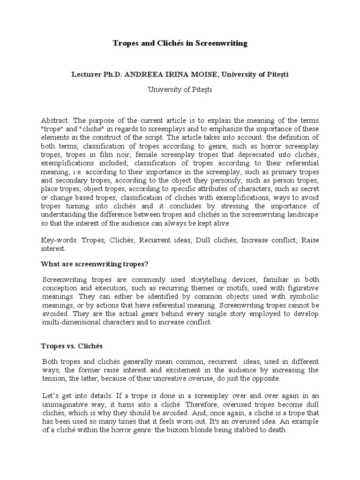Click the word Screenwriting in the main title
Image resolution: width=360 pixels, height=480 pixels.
pyautogui.click(x=221, y=44)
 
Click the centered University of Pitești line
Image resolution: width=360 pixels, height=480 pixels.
pyautogui.click(x=180, y=89)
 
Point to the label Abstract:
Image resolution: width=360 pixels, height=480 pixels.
pyautogui.click(x=56, y=120)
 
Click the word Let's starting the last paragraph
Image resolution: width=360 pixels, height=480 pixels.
pyautogui.click(x=52, y=396)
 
